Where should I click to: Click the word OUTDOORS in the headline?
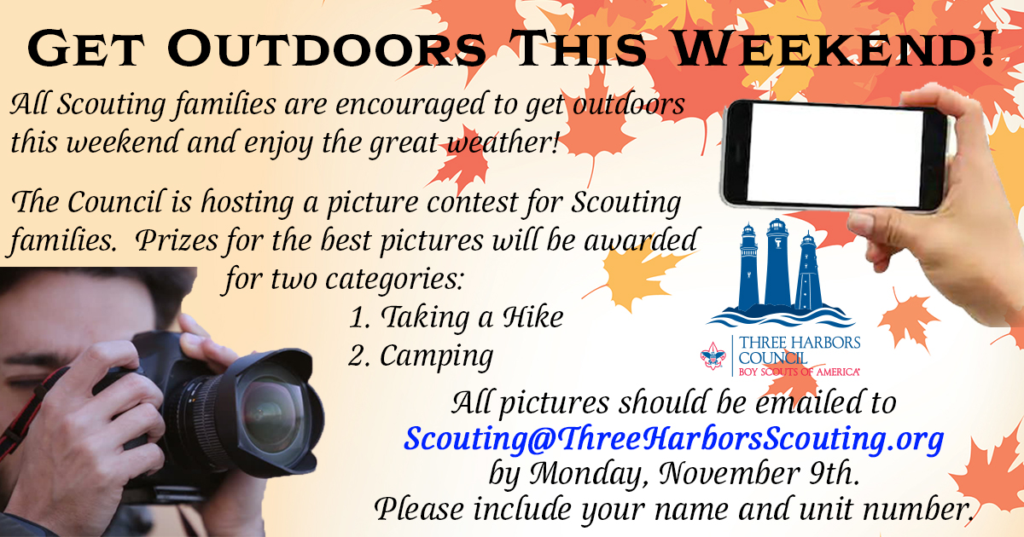327,49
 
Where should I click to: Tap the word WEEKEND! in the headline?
834,49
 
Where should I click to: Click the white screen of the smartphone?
835,155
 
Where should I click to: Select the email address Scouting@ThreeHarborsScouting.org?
674,439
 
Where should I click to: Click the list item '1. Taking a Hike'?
456,317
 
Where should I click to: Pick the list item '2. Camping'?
421,356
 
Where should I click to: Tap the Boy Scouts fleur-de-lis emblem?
713,356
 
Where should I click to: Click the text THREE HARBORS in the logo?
800,343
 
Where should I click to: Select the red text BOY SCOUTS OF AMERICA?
799,372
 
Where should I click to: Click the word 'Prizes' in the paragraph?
177,240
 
